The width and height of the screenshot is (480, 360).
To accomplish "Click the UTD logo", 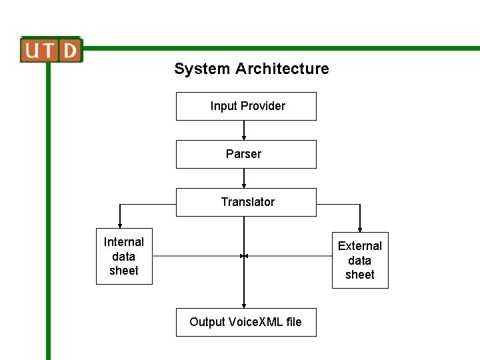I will tap(51, 50).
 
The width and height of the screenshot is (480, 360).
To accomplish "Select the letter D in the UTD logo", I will tap(70, 50).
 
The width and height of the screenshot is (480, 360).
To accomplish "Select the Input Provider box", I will tap(246, 106).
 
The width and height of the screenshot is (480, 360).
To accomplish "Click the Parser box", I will tap(246, 154).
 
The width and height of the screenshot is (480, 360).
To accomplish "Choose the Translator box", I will tap(246, 202).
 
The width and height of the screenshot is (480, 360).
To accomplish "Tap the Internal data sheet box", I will tap(124, 257).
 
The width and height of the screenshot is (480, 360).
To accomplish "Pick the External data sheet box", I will tap(360, 261).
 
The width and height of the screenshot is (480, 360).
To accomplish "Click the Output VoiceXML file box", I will tap(246, 322).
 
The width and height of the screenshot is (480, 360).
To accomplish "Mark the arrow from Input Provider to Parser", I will tap(244, 130).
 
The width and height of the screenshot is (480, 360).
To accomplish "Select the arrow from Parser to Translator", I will tap(244, 178).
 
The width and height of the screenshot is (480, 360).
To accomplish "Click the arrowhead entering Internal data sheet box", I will tap(120, 225).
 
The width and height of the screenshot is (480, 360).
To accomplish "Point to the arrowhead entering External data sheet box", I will tap(360, 229).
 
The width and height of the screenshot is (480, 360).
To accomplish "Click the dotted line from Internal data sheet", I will tap(197, 255).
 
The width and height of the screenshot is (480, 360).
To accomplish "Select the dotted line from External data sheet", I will tap(290, 255).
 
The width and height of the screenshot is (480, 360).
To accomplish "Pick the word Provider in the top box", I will tap(263, 106).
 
